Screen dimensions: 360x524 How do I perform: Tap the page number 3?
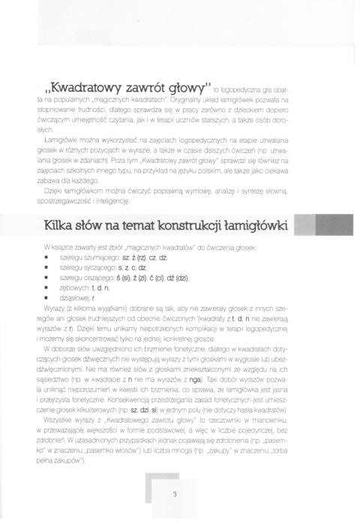[174, 494]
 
